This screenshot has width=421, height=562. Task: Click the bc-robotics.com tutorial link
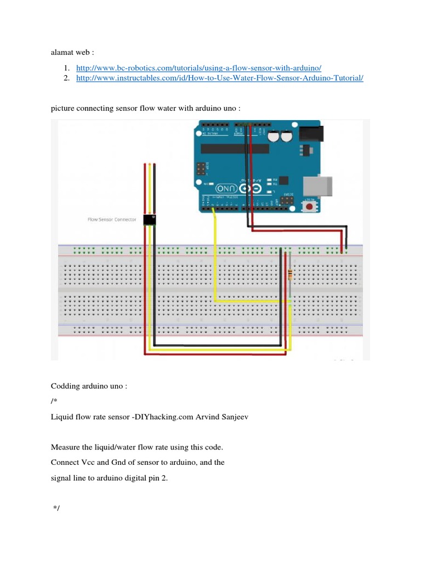(199, 68)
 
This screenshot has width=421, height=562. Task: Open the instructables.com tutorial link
(220, 78)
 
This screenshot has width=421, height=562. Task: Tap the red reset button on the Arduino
(310, 207)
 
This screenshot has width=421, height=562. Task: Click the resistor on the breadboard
(289, 276)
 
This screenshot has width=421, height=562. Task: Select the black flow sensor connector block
(150, 220)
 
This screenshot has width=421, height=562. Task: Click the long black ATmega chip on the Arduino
(235, 148)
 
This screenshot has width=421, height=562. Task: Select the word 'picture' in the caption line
(64, 108)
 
